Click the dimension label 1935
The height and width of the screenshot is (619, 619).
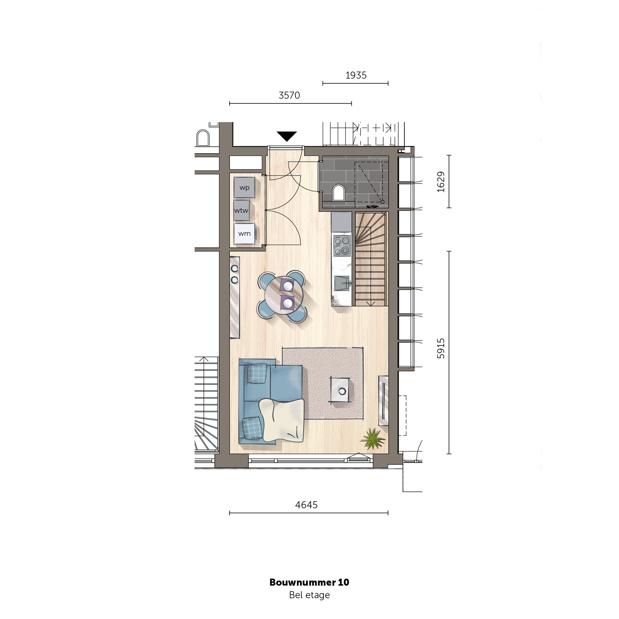tap(356, 75)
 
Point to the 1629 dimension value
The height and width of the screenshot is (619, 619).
tap(441, 182)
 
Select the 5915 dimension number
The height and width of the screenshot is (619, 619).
tap(441, 348)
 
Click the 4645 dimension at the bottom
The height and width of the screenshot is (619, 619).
tap(306, 505)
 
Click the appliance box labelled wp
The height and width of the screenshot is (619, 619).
tap(244, 188)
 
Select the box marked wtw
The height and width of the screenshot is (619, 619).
tap(241, 211)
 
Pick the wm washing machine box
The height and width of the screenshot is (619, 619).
tap(244, 234)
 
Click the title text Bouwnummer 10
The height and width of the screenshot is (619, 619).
tap(309, 582)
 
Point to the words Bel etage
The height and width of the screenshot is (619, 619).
tap(309, 595)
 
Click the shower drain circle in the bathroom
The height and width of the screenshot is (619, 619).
tap(382, 202)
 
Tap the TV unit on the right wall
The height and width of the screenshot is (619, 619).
tap(383, 401)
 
